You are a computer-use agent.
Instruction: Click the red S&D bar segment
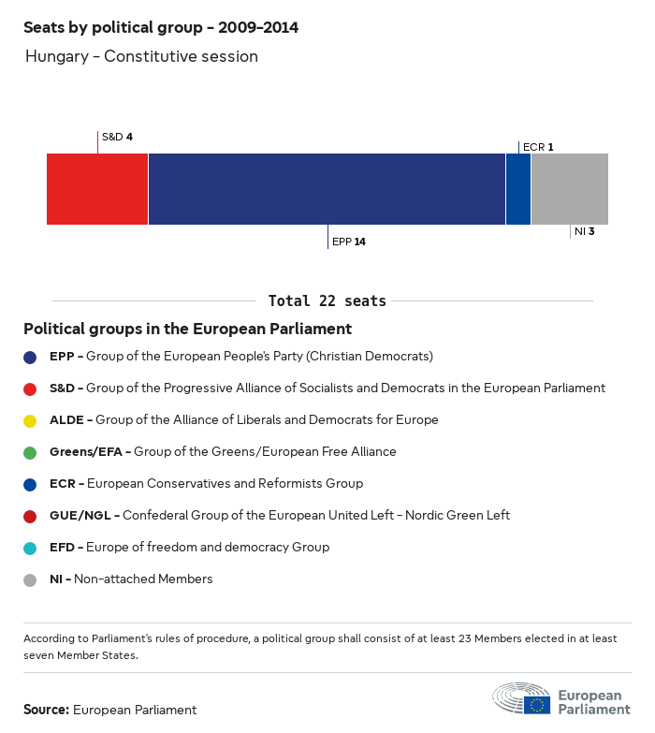pyautogui.click(x=97, y=189)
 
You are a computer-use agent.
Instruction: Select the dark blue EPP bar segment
pyautogui.click(x=327, y=189)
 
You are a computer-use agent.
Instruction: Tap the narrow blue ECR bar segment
pyautogui.click(x=518, y=189)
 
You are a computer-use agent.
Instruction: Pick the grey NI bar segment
pyautogui.click(x=570, y=189)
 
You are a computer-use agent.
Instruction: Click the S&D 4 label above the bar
pyautogui.click(x=117, y=137)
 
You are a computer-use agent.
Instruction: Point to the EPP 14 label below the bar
pyautogui.click(x=349, y=242)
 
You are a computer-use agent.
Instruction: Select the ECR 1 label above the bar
pyautogui.click(x=538, y=147)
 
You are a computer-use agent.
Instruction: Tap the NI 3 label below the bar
pyautogui.click(x=585, y=230)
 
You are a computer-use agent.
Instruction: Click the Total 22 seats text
pyautogui.click(x=327, y=301)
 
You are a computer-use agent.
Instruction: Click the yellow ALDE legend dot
pyautogui.click(x=30, y=420)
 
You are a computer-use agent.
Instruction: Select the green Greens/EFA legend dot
pyautogui.click(x=30, y=452)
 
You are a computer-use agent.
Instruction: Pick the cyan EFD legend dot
pyautogui.click(x=30, y=548)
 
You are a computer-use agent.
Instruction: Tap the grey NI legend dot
pyautogui.click(x=30, y=579)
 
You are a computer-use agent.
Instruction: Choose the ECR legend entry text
pyautogui.click(x=206, y=484)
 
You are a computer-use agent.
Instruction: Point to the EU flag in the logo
pyautogui.click(x=537, y=704)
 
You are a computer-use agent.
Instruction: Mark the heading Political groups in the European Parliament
pyautogui.click(x=187, y=329)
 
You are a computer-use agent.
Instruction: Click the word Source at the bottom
pyautogui.click(x=46, y=710)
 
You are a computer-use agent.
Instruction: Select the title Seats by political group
pyautogui.click(x=161, y=27)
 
